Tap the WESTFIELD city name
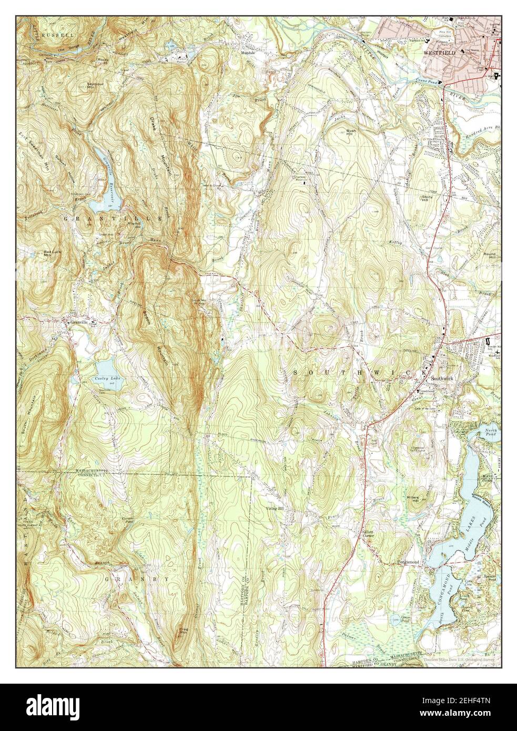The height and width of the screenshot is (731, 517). click(x=440, y=53)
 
